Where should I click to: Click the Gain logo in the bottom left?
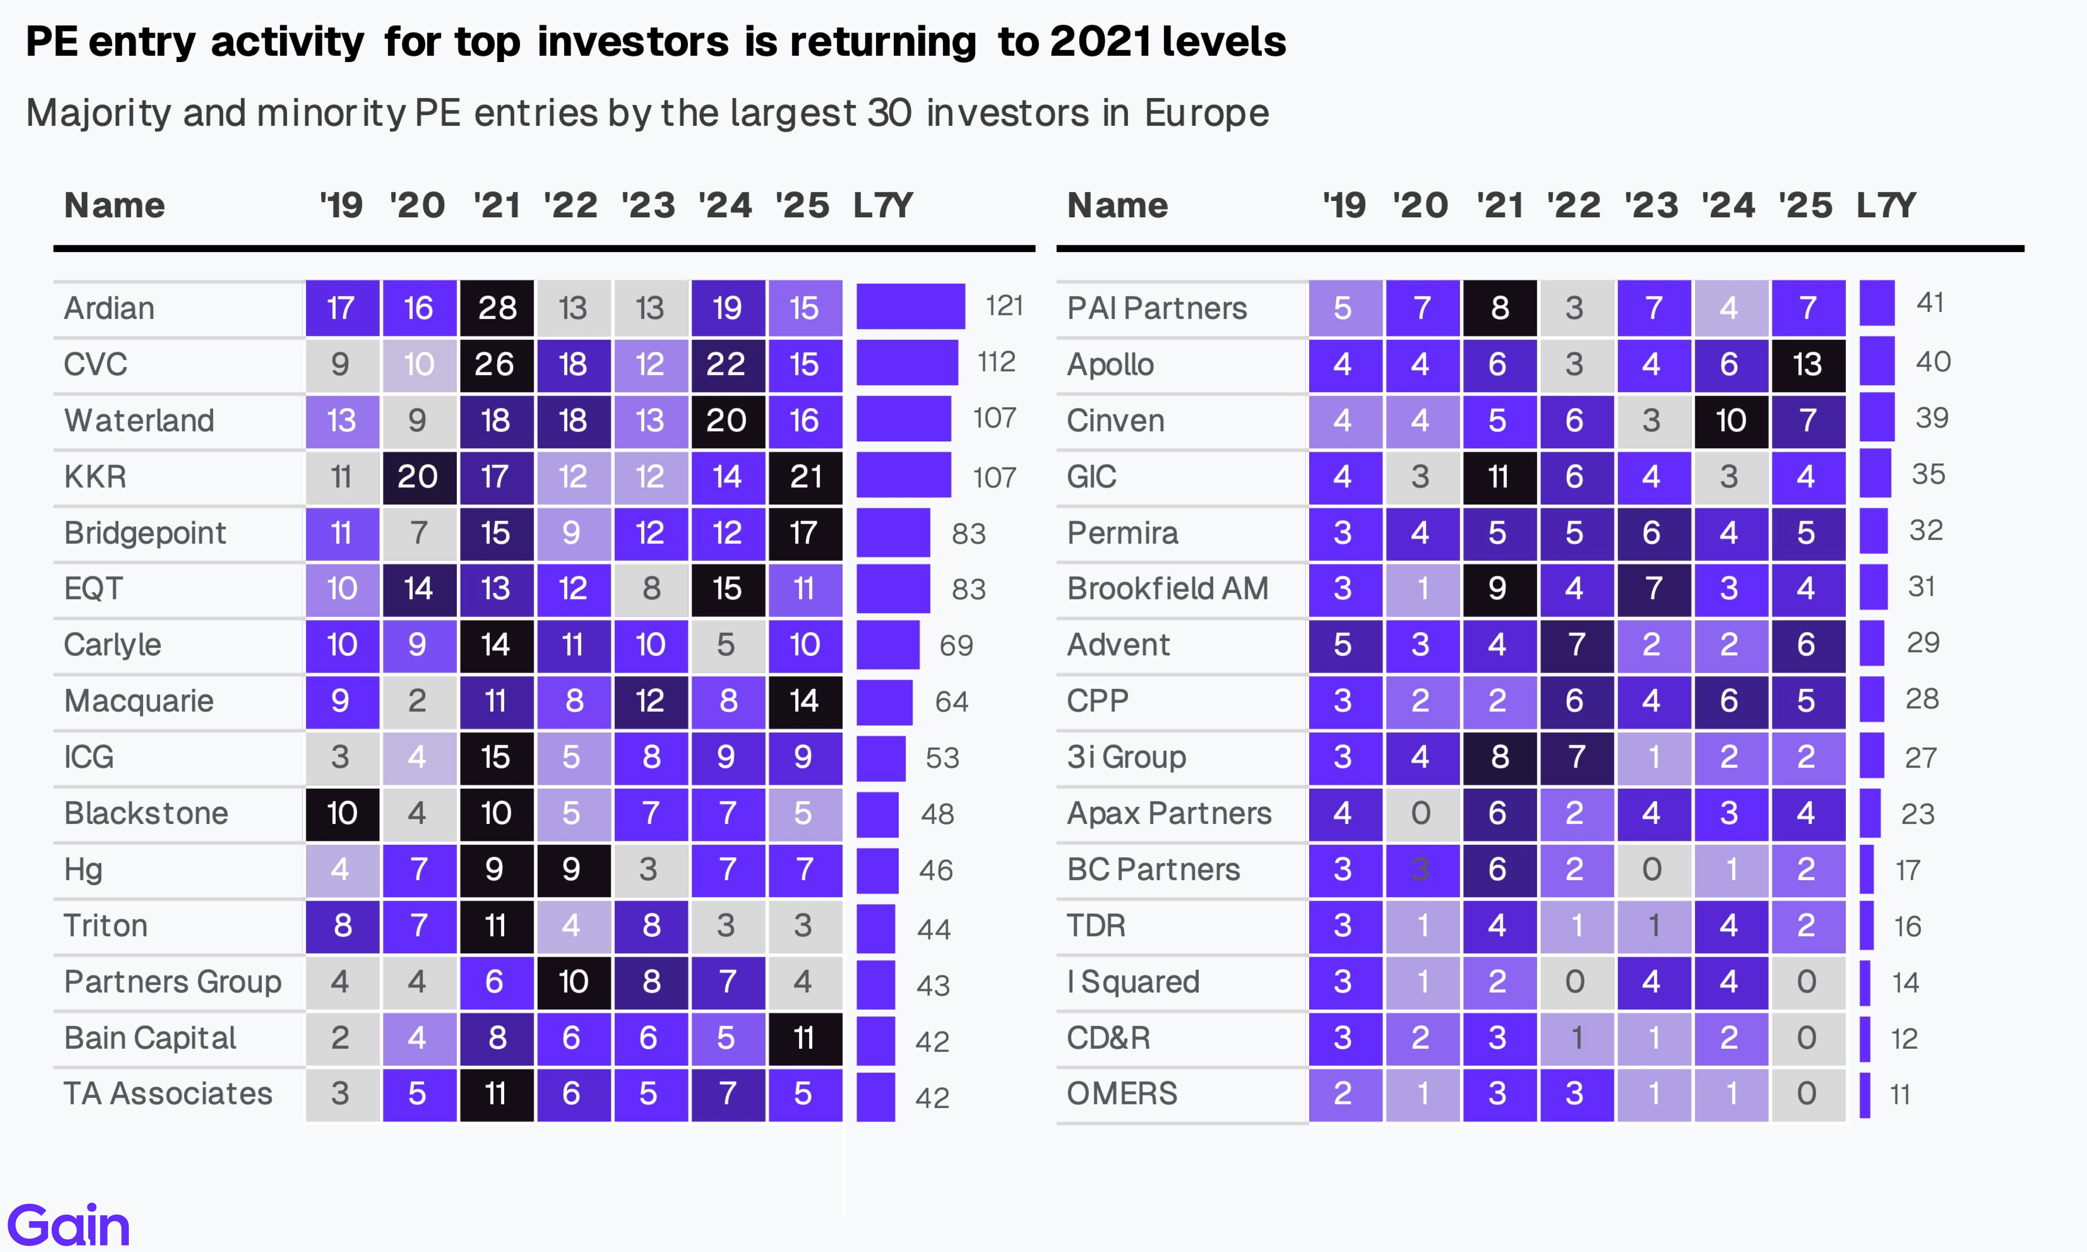coord(69,1225)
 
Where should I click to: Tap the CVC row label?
coord(95,365)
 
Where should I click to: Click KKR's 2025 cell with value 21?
coord(805,477)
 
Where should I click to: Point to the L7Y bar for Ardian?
coord(910,306)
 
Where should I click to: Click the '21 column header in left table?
coord(496,205)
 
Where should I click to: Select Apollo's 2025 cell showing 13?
coord(1807,365)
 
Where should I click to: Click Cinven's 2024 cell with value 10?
coord(1730,420)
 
